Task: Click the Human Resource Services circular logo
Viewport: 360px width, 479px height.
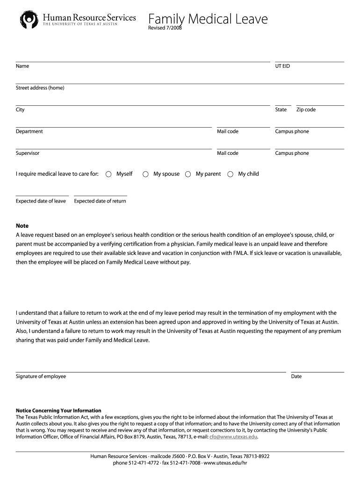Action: (x=29, y=20)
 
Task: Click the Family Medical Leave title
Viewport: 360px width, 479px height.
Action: (x=208, y=19)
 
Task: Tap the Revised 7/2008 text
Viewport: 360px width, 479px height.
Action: (x=165, y=29)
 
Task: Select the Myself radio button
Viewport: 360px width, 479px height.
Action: (x=108, y=174)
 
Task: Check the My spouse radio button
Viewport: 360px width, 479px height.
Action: (x=145, y=174)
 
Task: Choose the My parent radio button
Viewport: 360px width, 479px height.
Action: (x=188, y=174)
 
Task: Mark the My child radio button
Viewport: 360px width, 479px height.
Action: (x=230, y=174)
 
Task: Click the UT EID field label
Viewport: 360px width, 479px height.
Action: (x=282, y=66)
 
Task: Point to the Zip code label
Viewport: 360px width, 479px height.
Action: (x=306, y=110)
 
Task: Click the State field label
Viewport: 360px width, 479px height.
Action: (x=281, y=110)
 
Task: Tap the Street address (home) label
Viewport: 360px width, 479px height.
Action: (x=40, y=88)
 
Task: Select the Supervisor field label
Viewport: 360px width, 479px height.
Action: (x=28, y=153)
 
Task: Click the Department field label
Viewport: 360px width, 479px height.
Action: (x=29, y=131)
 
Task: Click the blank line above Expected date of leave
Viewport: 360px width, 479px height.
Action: (x=42, y=195)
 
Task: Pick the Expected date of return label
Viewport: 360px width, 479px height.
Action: (x=100, y=201)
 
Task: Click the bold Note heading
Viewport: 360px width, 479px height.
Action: (x=22, y=226)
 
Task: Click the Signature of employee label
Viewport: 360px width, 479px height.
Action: (x=41, y=377)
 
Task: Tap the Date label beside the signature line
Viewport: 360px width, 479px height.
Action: (x=296, y=377)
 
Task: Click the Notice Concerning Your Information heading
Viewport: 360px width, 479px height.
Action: (x=58, y=411)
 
